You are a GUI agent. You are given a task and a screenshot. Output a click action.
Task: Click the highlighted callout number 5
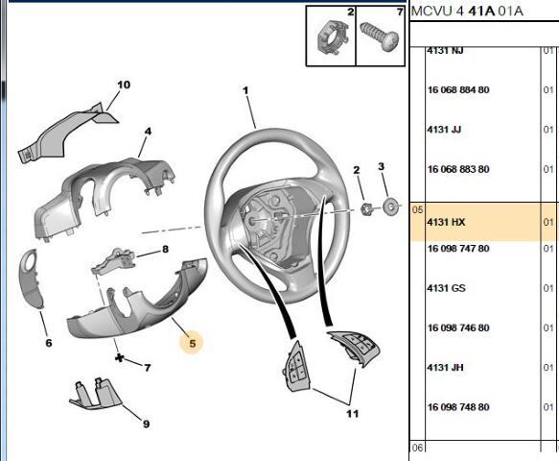(x=192, y=342)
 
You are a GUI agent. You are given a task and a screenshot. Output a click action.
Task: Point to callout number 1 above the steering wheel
(x=245, y=91)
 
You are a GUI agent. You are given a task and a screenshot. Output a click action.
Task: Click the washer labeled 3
(x=391, y=206)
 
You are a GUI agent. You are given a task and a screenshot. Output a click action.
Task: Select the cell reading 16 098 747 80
(x=457, y=248)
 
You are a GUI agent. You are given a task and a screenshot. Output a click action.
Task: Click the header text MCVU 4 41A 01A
(x=467, y=12)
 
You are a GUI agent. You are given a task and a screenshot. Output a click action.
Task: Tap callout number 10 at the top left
(x=123, y=85)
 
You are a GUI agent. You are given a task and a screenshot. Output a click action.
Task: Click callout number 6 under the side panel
(x=48, y=342)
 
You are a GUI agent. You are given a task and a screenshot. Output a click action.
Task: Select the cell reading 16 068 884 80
(x=457, y=89)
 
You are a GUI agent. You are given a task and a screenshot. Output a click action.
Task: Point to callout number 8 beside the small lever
(x=165, y=250)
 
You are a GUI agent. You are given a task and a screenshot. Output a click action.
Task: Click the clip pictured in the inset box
(x=332, y=41)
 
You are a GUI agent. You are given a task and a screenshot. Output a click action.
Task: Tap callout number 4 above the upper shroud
(x=148, y=131)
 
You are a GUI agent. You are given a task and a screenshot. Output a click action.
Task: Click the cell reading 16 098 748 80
(x=457, y=406)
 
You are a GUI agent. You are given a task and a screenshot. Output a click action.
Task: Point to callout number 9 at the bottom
(x=146, y=424)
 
